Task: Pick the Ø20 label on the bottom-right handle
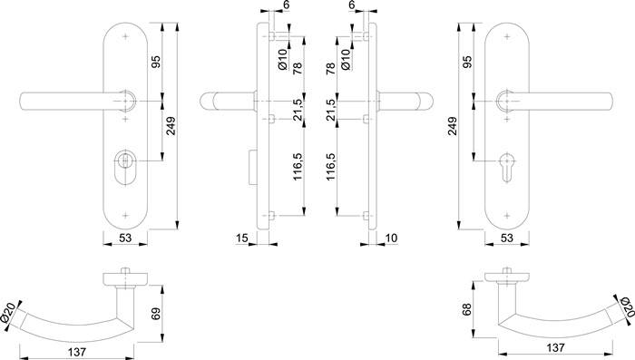(x=623, y=309)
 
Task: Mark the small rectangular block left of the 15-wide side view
(x=250, y=165)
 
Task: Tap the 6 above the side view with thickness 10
(x=350, y=5)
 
